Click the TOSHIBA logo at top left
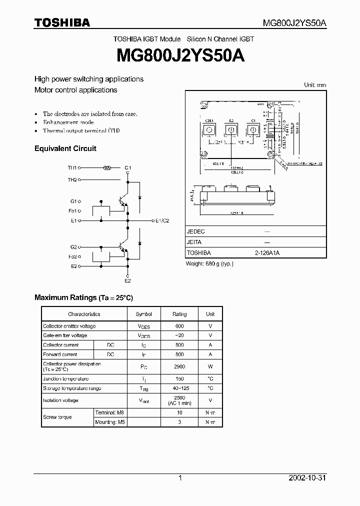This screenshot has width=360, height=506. point(62,22)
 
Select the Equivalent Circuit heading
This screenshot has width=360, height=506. point(65,148)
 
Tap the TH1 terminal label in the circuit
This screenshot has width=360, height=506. point(72,168)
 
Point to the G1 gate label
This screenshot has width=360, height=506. point(73,201)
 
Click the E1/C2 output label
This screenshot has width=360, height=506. point(162,220)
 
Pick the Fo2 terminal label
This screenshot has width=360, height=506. point(73,256)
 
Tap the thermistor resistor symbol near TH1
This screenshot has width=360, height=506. point(106,168)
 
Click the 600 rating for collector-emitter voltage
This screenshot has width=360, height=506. point(179,326)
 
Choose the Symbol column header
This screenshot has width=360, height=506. point(144,314)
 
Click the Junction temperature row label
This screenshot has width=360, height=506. point(65,379)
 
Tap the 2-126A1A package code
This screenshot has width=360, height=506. point(267,253)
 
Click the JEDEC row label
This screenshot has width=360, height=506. point(195,232)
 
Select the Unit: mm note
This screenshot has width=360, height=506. point(315,85)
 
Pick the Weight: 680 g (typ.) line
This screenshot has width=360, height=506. point(209,263)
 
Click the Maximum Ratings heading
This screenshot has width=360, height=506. point(83,297)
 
